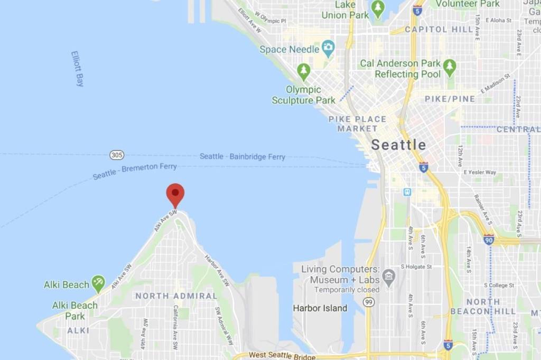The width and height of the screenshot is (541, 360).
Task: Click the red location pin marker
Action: click(x=175, y=194)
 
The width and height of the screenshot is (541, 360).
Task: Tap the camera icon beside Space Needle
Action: click(x=328, y=49)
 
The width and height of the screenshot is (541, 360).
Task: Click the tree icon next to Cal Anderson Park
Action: click(x=450, y=67)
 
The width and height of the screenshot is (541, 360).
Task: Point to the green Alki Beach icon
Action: click(x=98, y=283)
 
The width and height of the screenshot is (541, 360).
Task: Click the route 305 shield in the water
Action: click(x=117, y=155)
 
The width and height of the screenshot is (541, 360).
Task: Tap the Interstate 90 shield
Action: click(x=489, y=240)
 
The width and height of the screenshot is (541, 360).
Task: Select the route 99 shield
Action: click(x=369, y=301)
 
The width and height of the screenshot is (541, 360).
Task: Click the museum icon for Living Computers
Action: click(x=389, y=276)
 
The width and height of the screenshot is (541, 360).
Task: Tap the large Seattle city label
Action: click(x=398, y=145)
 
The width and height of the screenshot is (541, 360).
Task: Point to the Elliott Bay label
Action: click(x=78, y=69)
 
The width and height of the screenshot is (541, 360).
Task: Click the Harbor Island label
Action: click(x=320, y=308)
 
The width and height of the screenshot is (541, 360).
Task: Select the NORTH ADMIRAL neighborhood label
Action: click(x=176, y=296)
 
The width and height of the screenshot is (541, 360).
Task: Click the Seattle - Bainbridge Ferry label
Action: click(x=242, y=157)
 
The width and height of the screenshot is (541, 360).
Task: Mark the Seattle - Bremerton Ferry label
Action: click(x=135, y=171)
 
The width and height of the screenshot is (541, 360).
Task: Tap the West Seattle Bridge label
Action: click(x=282, y=355)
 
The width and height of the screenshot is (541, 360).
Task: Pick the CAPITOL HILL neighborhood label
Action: click(x=439, y=29)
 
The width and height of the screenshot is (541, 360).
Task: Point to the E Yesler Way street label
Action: click(x=480, y=172)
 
